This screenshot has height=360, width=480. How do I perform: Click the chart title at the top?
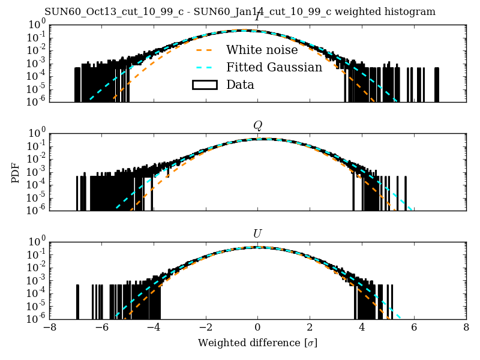(240, 12)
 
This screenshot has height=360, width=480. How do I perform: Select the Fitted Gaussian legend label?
(274, 67)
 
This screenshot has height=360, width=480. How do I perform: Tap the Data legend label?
(240, 85)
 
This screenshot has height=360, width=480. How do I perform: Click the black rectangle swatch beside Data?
(204, 85)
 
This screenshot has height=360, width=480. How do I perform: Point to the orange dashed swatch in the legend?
(204, 50)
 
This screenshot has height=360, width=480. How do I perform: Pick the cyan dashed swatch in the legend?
(204, 67)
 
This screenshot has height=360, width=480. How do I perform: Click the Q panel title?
(257, 125)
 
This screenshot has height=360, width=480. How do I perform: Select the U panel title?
(257, 233)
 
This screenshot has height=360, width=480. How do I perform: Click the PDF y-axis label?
(16, 172)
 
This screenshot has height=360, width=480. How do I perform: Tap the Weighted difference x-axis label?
(257, 343)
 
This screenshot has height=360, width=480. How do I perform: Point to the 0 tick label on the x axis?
(257, 328)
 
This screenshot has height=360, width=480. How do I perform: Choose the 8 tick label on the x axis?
(466, 328)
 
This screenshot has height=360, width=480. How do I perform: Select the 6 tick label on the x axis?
(414, 328)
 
